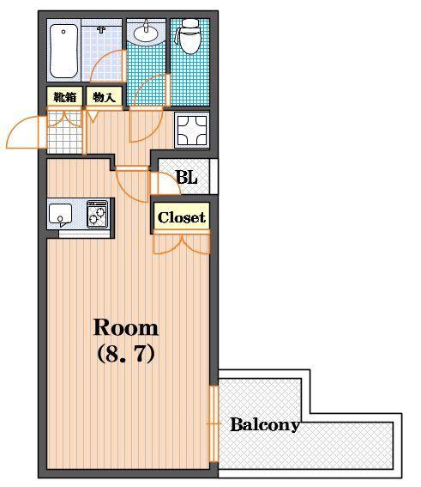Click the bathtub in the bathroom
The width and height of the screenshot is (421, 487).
(x=63, y=51)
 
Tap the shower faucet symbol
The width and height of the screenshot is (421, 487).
(x=101, y=30)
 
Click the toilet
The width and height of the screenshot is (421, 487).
(x=190, y=37)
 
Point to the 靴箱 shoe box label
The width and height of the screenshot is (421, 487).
(x=65, y=98)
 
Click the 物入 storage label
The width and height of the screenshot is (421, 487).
(x=104, y=98)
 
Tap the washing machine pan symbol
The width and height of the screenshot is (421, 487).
(x=192, y=130)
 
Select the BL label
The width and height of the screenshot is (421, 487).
(x=186, y=178)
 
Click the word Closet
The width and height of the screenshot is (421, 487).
(x=182, y=217)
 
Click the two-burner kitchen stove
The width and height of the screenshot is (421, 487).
(x=98, y=215)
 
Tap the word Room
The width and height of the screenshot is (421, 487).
(x=126, y=327)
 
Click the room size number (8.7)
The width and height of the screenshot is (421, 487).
(x=126, y=354)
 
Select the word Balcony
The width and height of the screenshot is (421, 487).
(x=265, y=424)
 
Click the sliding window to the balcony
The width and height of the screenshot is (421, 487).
(x=214, y=423)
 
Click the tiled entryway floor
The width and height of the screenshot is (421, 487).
(x=64, y=131)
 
